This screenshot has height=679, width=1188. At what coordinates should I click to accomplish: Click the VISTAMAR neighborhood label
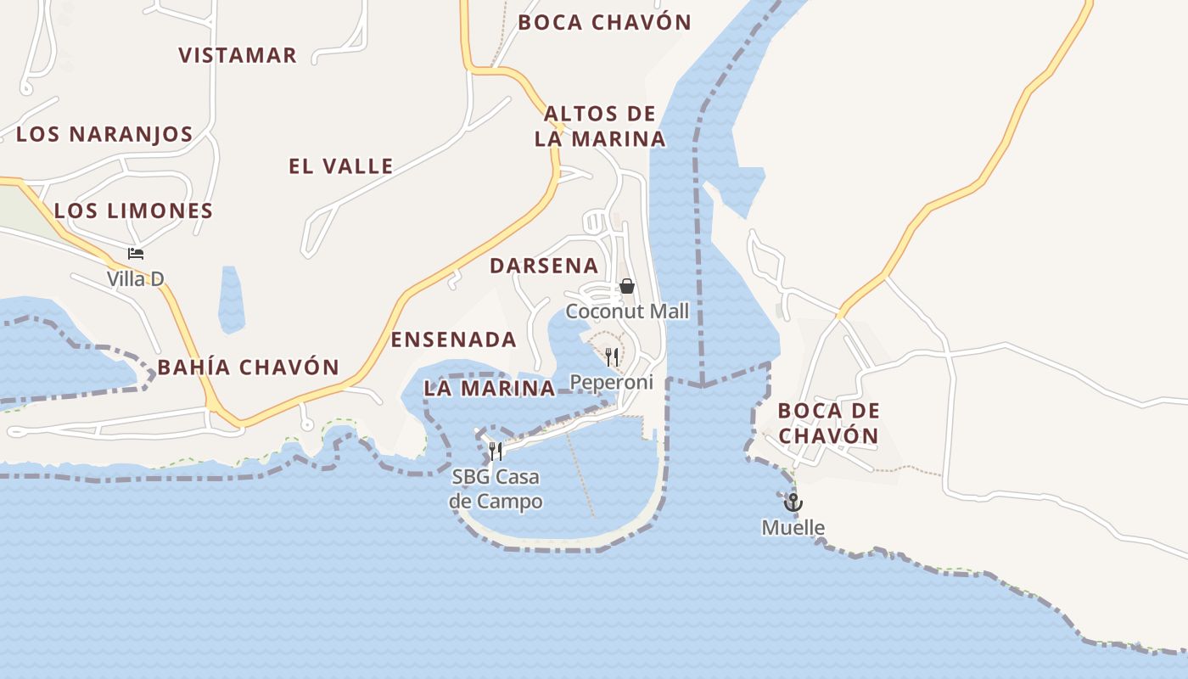point(238,55)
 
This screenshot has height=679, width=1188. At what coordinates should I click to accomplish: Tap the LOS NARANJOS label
point(104,134)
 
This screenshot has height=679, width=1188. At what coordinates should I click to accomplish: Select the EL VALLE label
point(340,166)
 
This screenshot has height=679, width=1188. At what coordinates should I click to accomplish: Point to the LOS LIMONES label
point(133,210)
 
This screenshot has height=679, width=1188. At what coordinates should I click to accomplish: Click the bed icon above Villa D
point(135,253)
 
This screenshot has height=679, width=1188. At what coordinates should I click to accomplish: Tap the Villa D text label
point(135,278)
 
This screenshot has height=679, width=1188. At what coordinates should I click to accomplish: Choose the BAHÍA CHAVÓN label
point(248,368)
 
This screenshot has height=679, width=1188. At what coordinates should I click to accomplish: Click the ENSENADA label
point(453,339)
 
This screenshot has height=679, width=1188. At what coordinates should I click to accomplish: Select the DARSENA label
point(544,266)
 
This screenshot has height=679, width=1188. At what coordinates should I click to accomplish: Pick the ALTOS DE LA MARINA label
point(600,126)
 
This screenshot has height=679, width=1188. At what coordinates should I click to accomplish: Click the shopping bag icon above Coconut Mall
point(627,286)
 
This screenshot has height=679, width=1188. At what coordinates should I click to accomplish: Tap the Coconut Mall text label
point(627,311)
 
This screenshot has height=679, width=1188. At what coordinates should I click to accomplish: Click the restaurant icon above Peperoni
point(612,356)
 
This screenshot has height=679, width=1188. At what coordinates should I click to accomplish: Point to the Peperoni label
point(612,382)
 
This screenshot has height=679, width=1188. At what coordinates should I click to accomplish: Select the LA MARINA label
point(489,389)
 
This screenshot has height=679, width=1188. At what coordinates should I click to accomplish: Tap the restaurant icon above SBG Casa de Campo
point(496,451)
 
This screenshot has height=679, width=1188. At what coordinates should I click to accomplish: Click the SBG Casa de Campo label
point(496,489)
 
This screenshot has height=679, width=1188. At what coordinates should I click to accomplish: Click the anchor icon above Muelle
point(793,502)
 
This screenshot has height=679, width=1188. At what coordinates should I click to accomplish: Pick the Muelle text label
point(793,528)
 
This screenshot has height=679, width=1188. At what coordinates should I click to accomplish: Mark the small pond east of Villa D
point(231,299)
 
